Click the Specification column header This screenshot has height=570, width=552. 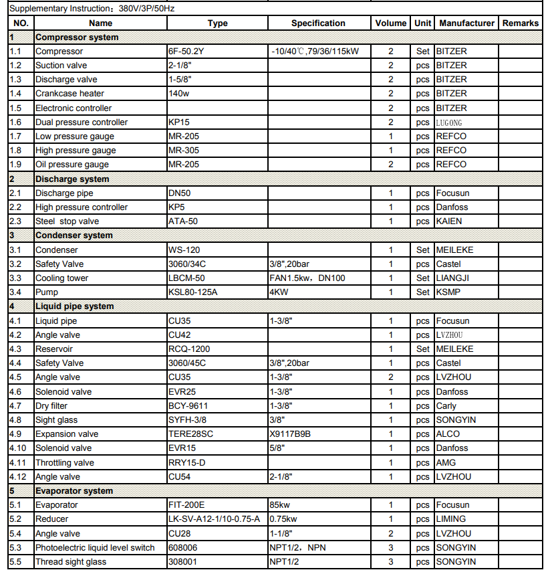(318, 23)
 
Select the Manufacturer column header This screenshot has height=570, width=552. (466, 23)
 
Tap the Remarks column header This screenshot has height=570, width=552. (521, 23)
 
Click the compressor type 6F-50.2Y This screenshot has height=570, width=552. (187, 52)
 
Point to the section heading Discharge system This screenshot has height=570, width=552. (72, 179)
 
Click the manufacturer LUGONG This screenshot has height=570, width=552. (448, 122)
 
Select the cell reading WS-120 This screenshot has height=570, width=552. (184, 250)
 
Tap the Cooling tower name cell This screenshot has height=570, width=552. (61, 278)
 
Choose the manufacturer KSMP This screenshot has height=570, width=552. (448, 292)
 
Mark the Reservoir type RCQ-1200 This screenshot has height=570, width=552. (189, 349)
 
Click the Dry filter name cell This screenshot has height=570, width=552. (51, 406)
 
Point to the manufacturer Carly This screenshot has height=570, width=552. (446, 406)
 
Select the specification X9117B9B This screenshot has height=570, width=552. (290, 434)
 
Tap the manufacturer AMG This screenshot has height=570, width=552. (446, 462)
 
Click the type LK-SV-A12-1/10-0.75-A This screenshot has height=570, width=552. (214, 519)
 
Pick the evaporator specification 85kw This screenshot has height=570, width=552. (279, 505)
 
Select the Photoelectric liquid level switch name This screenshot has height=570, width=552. (95, 548)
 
